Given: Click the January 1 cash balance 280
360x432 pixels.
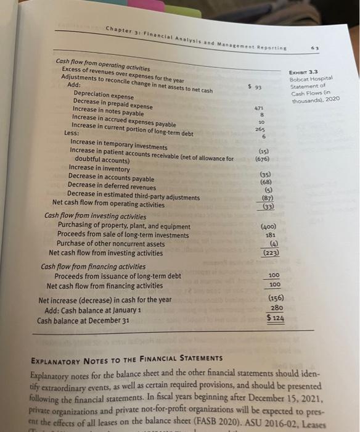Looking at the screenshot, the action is click(x=277, y=307).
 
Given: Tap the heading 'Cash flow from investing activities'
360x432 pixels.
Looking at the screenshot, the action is click(x=96, y=217).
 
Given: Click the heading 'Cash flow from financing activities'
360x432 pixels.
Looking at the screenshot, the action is click(x=93, y=267).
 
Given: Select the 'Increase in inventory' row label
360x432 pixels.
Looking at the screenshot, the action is click(x=99, y=168).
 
